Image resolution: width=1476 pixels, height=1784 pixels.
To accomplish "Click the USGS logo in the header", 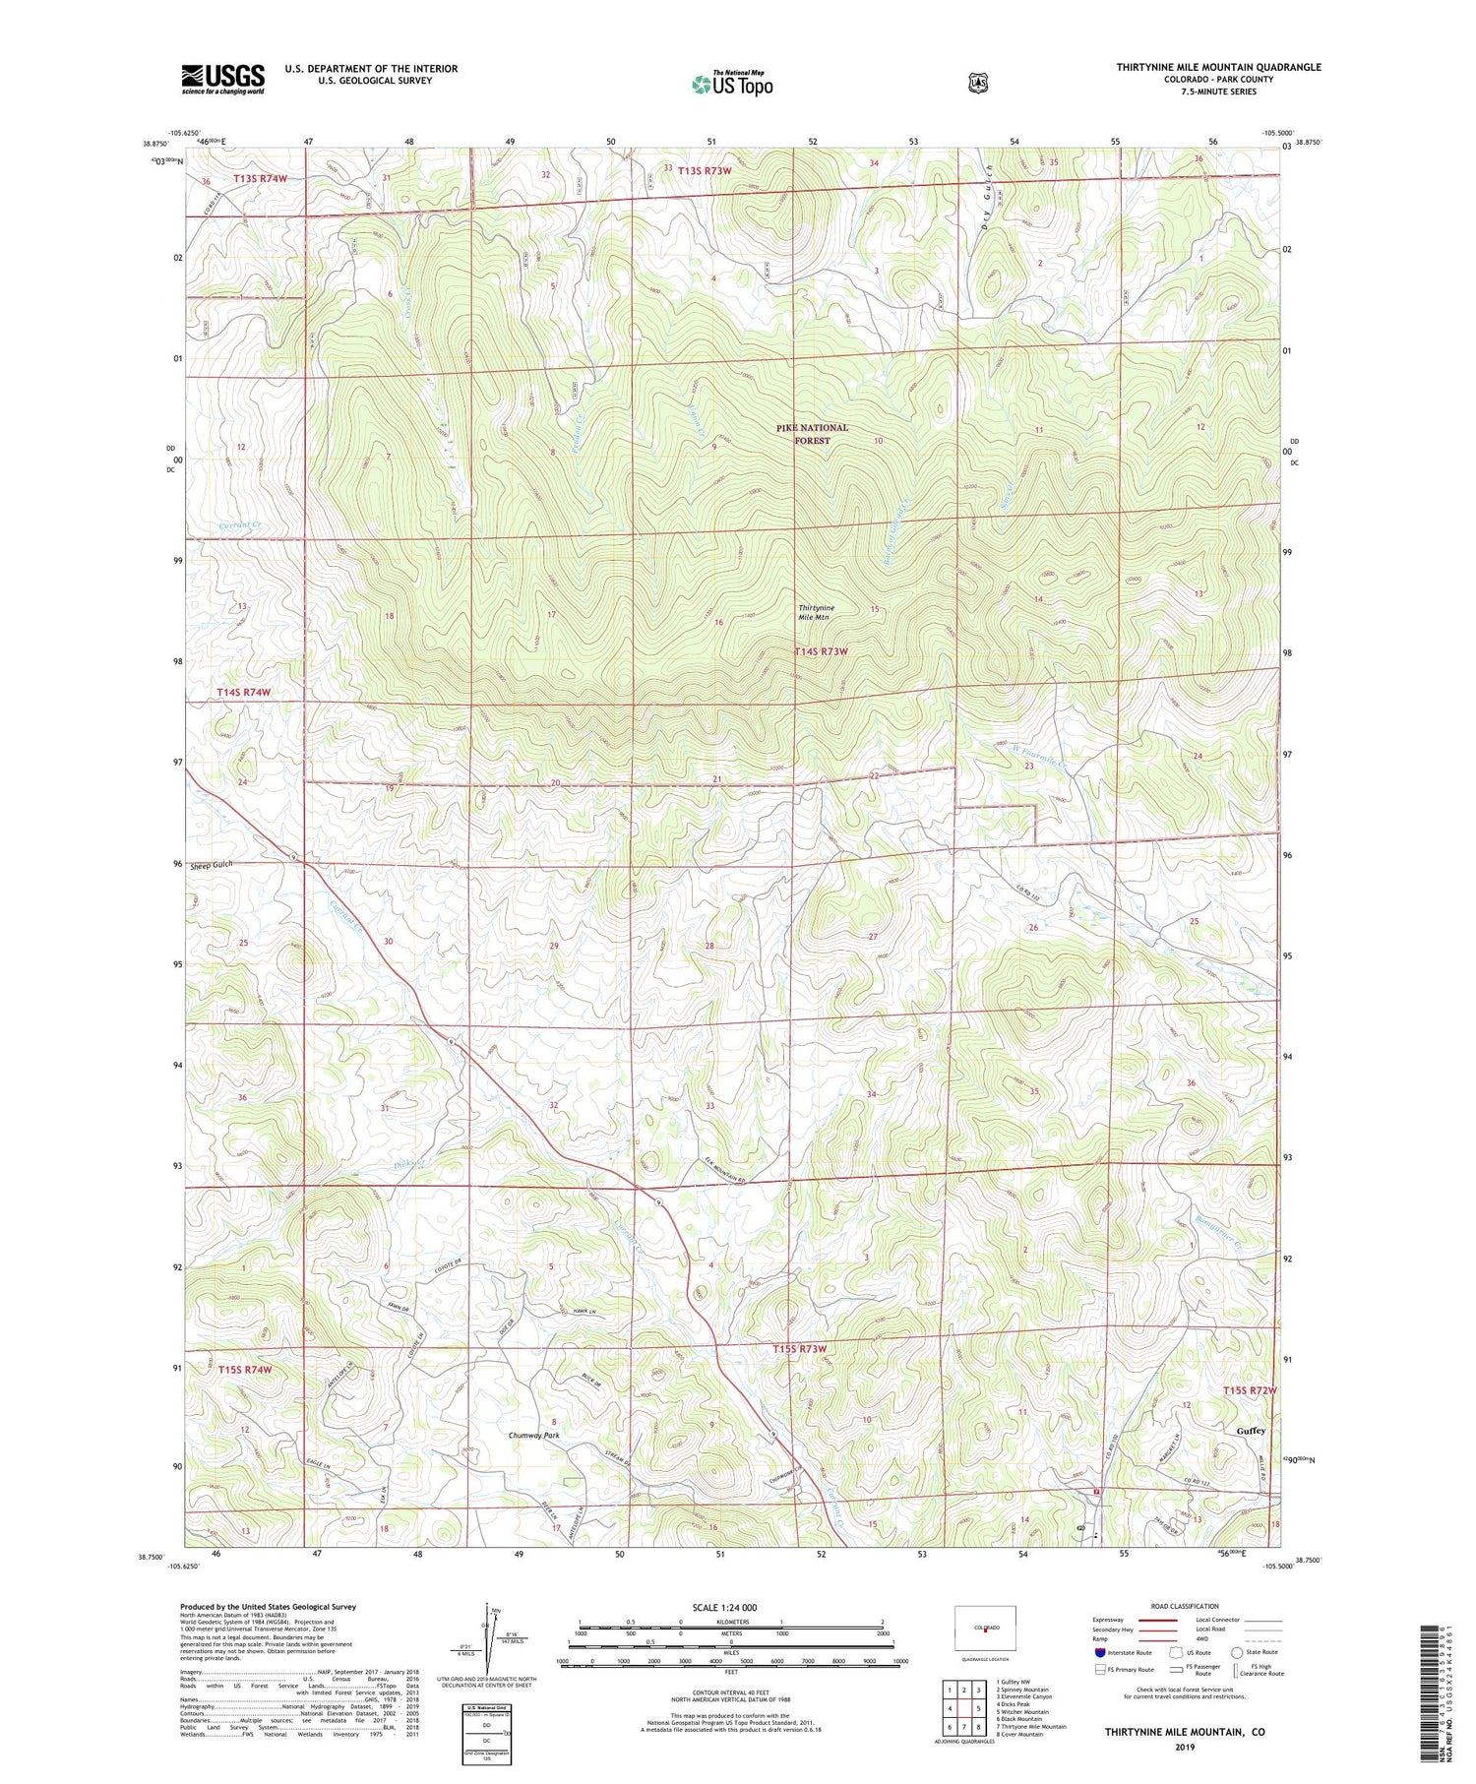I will click(222, 79).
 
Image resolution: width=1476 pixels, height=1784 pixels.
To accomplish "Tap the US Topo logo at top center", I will click(732, 85).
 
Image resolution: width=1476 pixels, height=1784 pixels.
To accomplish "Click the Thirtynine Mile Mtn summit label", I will click(815, 612).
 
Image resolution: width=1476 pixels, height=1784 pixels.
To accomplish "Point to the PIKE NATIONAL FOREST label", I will click(812, 434).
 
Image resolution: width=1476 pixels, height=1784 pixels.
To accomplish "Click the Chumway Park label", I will click(533, 1436).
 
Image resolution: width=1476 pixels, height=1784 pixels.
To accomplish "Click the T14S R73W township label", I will click(821, 651).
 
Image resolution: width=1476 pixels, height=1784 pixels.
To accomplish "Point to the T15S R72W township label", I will click(1250, 1390).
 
